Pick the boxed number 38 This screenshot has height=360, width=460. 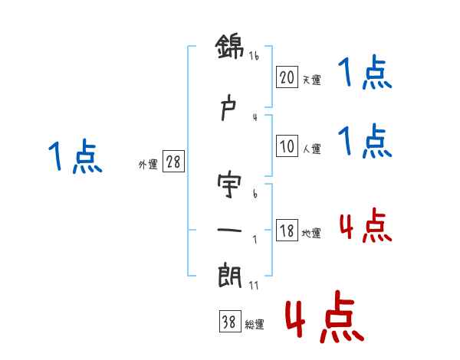tap(229, 323)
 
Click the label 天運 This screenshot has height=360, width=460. tap(311, 78)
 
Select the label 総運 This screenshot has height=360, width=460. tap(254, 325)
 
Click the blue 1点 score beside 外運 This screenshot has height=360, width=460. tap(75, 158)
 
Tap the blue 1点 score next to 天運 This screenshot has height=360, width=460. tap(365, 74)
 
